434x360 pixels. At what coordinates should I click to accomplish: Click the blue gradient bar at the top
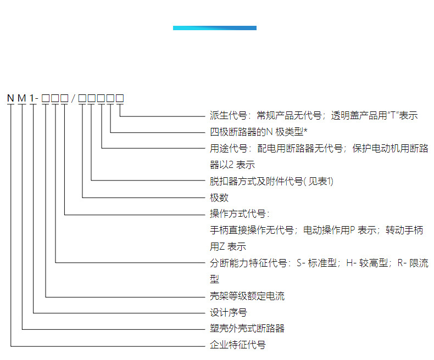click(x=214, y=28)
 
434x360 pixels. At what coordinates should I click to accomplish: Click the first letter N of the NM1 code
click(x=10, y=98)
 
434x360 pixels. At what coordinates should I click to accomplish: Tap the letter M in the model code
click(x=22, y=98)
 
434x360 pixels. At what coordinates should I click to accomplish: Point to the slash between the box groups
click(x=73, y=98)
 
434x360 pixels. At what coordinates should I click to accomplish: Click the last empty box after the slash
click(x=119, y=98)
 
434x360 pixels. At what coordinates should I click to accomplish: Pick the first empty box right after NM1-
click(x=46, y=98)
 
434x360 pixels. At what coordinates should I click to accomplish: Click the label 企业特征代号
click(x=238, y=345)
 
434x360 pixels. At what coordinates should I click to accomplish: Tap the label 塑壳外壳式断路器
click(x=247, y=329)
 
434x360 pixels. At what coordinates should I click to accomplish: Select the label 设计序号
click(x=229, y=312)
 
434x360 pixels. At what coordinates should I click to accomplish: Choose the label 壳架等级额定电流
click(x=247, y=296)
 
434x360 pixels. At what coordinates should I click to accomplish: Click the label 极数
click(x=219, y=198)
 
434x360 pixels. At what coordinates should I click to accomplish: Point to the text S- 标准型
click(x=320, y=263)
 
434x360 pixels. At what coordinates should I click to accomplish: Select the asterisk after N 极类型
click(x=305, y=132)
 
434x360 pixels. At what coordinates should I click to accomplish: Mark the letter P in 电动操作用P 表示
click(x=353, y=230)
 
